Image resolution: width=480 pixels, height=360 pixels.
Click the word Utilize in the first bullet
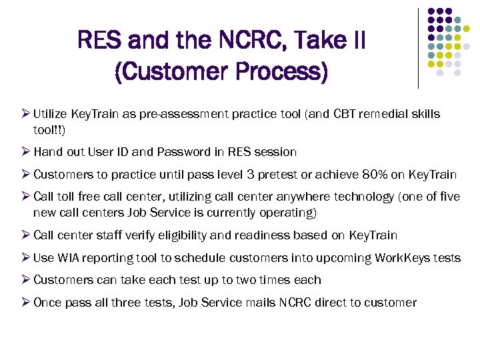point(51,114)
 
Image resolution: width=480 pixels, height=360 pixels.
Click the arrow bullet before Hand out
point(25,152)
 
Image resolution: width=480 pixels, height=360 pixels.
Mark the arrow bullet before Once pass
point(25,303)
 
